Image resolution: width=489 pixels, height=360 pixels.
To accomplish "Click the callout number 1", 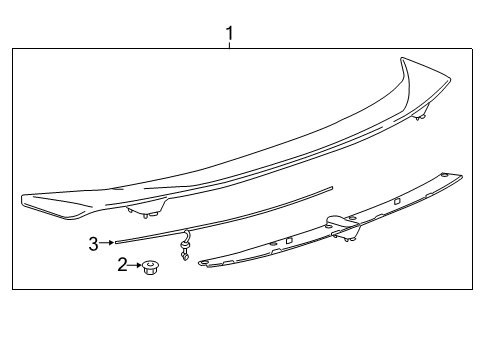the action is [229, 34].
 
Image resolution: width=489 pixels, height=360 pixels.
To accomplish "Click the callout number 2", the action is [122, 265].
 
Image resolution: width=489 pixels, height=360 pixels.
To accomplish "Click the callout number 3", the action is [94, 244].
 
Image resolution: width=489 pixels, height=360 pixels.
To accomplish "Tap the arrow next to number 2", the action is [134, 265].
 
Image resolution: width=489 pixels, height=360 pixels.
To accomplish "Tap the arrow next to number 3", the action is [107, 243].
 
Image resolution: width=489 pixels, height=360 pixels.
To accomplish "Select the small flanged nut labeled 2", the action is [150, 268].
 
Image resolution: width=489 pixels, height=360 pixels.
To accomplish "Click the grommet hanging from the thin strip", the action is [184, 251].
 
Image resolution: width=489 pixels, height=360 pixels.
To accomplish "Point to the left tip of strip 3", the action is [116, 242].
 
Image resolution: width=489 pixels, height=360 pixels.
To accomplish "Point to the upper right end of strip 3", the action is [332, 188].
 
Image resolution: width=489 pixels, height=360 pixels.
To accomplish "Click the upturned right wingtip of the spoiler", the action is [425, 78].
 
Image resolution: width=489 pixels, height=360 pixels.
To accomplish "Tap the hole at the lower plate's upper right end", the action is [444, 175].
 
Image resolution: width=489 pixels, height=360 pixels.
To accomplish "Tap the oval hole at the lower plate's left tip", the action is [202, 263].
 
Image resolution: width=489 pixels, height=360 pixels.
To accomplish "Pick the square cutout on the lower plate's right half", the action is [397, 201].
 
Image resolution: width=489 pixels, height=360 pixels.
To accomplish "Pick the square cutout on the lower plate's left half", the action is [289, 240].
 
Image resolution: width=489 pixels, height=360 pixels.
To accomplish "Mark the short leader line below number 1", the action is [229, 45].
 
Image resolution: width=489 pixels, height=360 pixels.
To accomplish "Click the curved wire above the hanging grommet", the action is [186, 236].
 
